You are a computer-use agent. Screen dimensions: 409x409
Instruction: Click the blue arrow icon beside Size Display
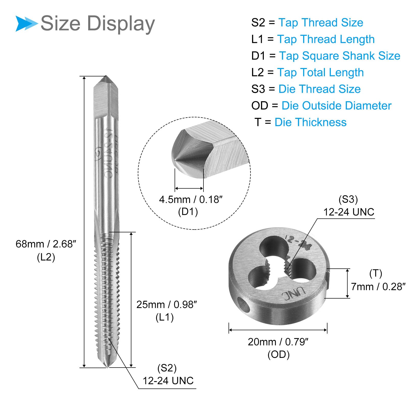point(27,24)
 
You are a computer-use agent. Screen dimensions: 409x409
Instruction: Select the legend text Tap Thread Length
point(326,39)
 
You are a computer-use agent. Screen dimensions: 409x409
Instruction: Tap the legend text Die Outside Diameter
point(336,106)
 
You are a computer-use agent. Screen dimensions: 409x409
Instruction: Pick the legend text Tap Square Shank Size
point(340,56)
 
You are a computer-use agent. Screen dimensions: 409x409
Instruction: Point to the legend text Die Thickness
point(311,122)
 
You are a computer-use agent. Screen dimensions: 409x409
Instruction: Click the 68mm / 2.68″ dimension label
point(46,244)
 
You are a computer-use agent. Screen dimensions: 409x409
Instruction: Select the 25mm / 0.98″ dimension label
point(167,304)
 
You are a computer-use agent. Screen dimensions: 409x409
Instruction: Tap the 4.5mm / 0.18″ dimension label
point(191,199)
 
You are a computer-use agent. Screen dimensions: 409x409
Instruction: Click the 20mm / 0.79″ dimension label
point(278,342)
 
